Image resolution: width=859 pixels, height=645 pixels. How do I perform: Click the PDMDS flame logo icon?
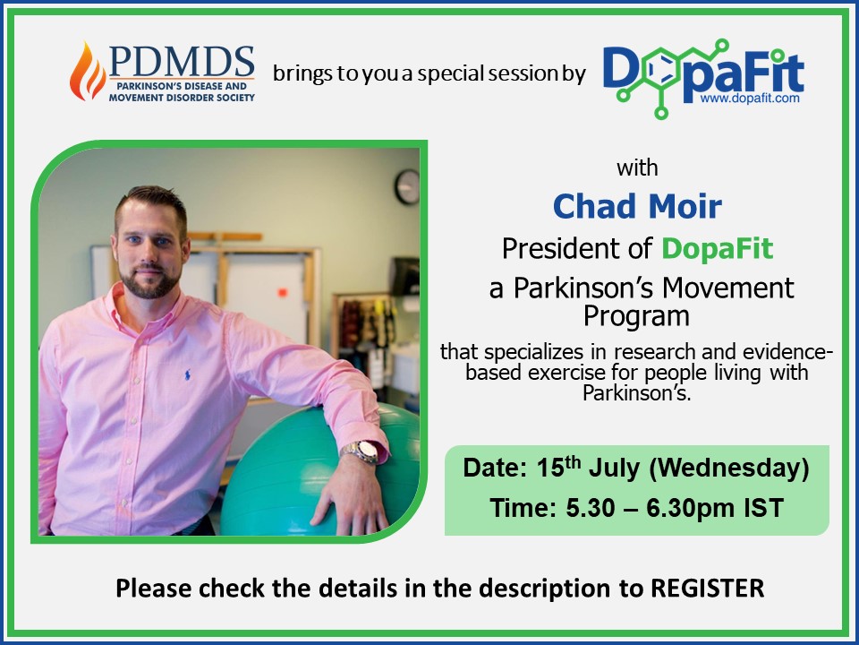tap(88, 72)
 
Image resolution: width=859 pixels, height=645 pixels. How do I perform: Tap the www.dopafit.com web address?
tap(750, 99)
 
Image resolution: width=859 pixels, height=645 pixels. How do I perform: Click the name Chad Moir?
tap(637, 206)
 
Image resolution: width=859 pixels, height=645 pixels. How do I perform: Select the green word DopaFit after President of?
tap(717, 248)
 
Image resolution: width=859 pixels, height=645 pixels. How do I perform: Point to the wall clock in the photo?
tap(407, 186)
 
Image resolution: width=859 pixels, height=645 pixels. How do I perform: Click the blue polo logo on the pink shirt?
tap(188, 375)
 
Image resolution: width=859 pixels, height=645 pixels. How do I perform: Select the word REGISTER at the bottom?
tap(707, 588)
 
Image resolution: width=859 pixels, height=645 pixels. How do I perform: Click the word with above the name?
tap(637, 168)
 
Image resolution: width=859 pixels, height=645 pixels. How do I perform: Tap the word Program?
tap(636, 316)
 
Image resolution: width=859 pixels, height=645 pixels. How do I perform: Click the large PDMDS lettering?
tap(182, 62)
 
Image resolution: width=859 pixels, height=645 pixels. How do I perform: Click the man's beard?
tap(149, 280)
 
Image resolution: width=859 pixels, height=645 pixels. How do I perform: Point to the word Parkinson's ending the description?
tap(636, 393)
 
